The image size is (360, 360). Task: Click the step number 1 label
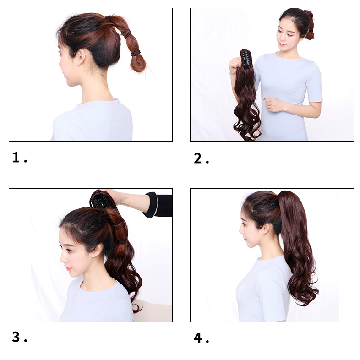(x=20, y=158)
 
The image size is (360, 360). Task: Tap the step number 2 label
(x=201, y=158)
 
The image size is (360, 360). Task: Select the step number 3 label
(x=20, y=337)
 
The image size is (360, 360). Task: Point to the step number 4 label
(x=201, y=338)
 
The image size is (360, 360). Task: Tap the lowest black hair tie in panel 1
(x=136, y=53)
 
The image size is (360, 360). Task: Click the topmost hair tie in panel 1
(x=108, y=19)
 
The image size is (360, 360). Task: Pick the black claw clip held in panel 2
(x=246, y=59)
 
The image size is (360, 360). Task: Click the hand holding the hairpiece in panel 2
(x=234, y=65)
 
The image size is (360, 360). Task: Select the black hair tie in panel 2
(x=311, y=31)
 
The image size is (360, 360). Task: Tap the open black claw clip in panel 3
(x=100, y=200)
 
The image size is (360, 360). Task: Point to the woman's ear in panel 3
(x=97, y=250)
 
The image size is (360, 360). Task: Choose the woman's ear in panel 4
(x=266, y=229)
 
